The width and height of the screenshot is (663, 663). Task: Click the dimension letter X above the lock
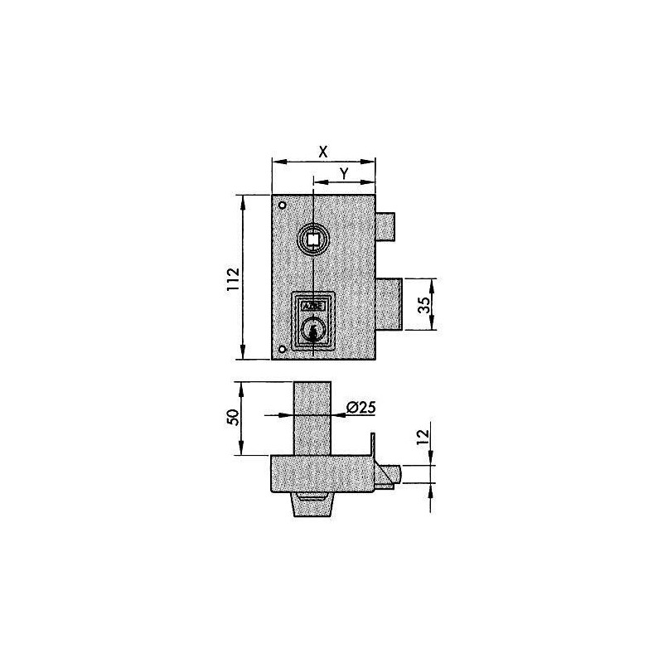point(323,152)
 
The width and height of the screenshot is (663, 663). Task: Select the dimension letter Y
point(344,172)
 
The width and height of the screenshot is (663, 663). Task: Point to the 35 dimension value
point(423,304)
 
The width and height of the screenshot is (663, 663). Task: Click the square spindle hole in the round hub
point(313,240)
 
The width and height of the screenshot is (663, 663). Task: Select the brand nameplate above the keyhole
point(313,304)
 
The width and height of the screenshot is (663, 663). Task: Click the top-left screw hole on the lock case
point(283,206)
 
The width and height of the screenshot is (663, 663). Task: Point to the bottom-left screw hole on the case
point(283,349)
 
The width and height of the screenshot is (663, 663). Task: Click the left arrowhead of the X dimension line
point(276,162)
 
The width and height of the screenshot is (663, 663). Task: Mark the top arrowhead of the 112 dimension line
point(243,200)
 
